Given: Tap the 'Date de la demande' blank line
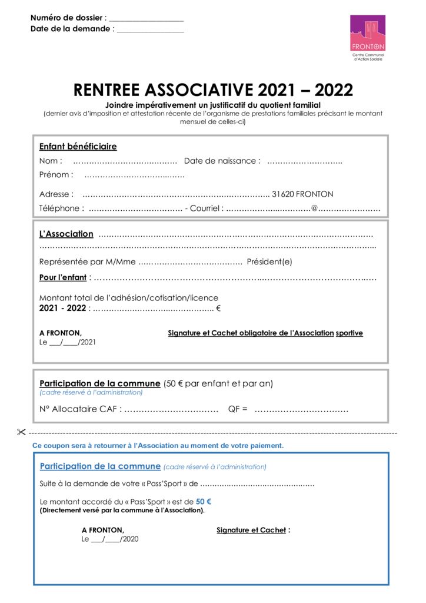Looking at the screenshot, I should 150,29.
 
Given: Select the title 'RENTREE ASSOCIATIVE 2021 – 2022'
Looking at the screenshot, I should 213,90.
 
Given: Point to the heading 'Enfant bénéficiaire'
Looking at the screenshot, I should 78,147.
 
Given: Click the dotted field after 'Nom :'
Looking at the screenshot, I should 125,161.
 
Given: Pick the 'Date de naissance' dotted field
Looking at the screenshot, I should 305,161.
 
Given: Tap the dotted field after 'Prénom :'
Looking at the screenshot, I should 134,175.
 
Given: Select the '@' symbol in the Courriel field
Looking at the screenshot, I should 314,208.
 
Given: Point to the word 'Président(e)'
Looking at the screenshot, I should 269,262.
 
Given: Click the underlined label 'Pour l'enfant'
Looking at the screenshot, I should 63,277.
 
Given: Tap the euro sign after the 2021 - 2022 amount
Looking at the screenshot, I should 218,308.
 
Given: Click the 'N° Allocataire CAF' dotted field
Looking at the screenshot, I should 171,409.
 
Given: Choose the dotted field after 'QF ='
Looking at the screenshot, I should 301,409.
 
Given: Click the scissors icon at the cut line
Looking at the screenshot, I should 22,433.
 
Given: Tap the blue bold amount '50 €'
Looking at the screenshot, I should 204,502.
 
